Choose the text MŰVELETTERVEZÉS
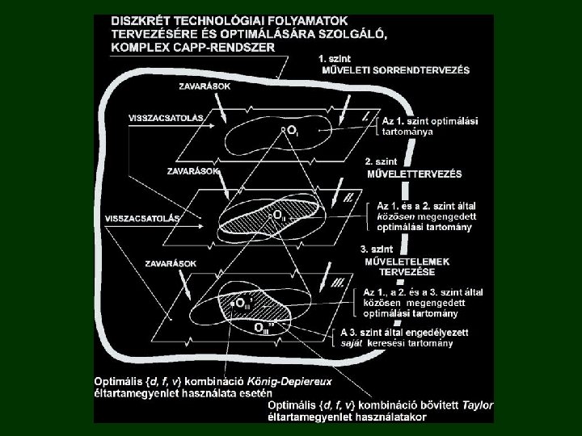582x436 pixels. [x=414, y=174]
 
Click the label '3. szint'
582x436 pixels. [x=380, y=249]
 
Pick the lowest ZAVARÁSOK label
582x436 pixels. [x=171, y=263]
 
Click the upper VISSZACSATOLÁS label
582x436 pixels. [x=166, y=117]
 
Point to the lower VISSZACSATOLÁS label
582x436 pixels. [x=142, y=218]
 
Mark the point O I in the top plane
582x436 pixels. [x=289, y=130]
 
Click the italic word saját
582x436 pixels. [x=352, y=343]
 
